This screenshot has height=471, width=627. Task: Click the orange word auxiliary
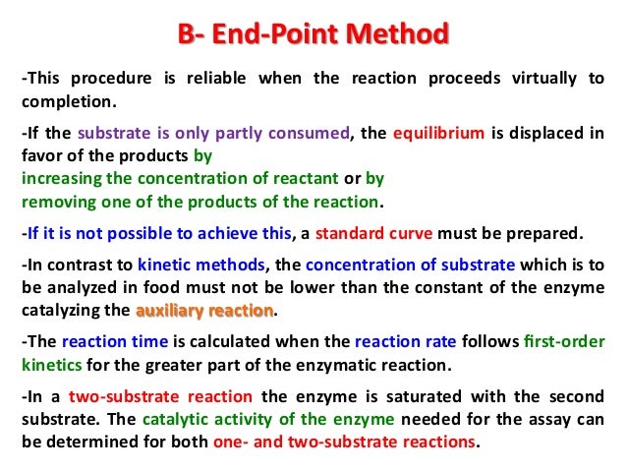168,311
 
